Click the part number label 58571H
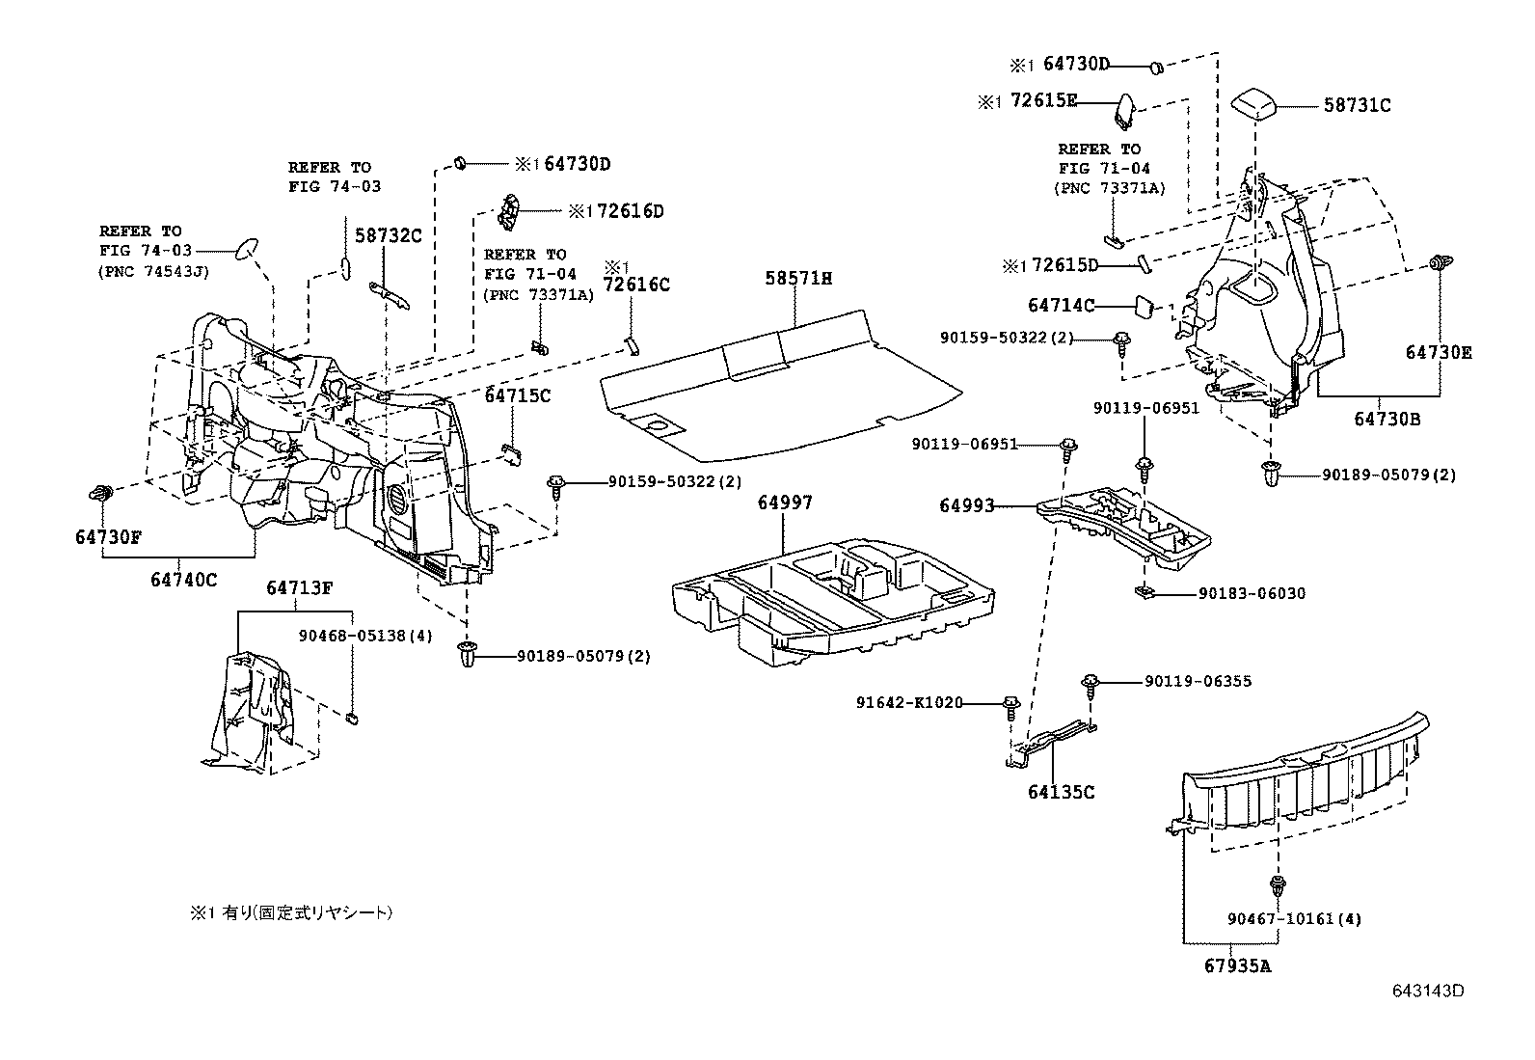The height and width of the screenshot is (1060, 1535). tap(798, 279)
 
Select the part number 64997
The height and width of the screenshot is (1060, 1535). tap(784, 503)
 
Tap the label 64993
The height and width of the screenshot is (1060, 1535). tap(967, 505)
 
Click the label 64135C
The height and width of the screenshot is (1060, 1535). tap(1061, 792)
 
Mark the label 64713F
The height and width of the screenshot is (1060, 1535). tap(299, 587)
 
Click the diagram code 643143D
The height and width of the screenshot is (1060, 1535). tap(1427, 991)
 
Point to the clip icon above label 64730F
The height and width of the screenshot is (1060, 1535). tap(99, 493)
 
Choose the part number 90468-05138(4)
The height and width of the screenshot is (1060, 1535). tap(352, 636)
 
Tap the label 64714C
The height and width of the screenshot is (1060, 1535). tap(1062, 306)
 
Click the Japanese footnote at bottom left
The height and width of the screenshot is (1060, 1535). tap(291, 911)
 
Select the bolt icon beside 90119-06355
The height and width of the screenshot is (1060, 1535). tap(1091, 684)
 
